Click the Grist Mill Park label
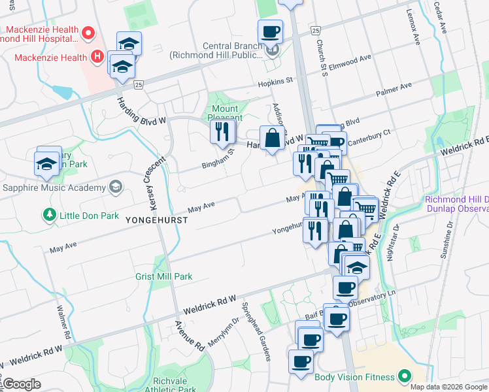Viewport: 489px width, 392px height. tap(164, 276)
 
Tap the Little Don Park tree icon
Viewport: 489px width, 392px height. tap(48, 214)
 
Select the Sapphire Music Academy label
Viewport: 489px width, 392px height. tap(53, 188)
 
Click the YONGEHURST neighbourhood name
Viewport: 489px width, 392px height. tap(158, 221)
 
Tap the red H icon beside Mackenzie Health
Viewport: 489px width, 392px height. tap(97, 57)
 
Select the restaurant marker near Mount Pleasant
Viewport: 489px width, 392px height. tap(222, 132)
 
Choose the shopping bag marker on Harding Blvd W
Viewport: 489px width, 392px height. tap(272, 139)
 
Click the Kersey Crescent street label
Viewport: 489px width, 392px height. tap(148, 180)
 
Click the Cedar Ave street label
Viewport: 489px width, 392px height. tap(442, 17)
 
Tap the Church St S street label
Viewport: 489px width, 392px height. tap(323, 60)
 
